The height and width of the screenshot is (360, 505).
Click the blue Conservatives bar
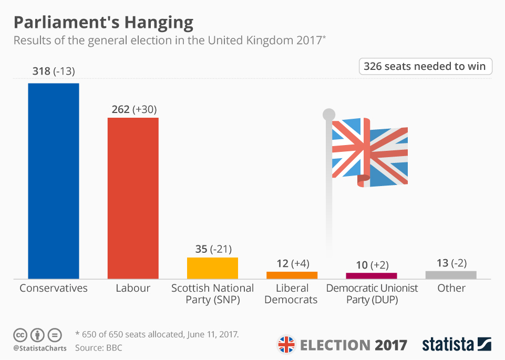click(x=53, y=181)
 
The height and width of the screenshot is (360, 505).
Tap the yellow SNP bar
click(x=212, y=268)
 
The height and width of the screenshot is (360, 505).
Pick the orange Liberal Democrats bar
click(x=292, y=275)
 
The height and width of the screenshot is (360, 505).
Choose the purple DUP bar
click(x=371, y=275)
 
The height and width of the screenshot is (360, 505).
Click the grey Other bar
click(x=450, y=275)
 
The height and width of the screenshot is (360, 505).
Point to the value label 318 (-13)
click(x=54, y=71)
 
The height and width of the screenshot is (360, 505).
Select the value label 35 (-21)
click(x=213, y=249)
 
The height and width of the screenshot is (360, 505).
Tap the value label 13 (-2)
click(x=450, y=263)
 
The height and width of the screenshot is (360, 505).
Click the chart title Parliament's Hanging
click(x=103, y=23)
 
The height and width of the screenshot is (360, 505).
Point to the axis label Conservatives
click(x=54, y=288)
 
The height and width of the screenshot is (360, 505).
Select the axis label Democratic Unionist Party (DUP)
click(x=372, y=294)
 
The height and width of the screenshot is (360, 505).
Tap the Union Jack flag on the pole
click(x=370, y=152)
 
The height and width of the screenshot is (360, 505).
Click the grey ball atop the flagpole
click(x=328, y=114)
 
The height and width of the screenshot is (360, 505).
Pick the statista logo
click(x=456, y=344)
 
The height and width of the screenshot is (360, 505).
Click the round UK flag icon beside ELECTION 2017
click(x=286, y=345)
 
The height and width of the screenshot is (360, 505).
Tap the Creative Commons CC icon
click(x=20, y=335)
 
